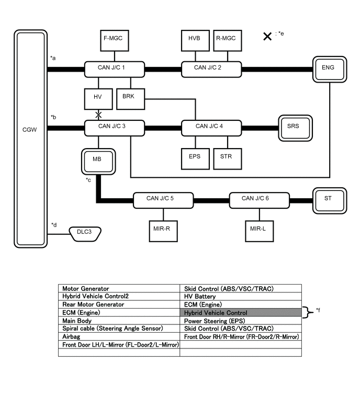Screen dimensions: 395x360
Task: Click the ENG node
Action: click(x=328, y=68)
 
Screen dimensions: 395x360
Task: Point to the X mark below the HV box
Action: click(x=98, y=115)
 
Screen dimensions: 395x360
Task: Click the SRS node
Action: click(x=294, y=126)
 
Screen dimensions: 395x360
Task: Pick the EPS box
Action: click(x=195, y=156)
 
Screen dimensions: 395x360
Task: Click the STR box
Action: click(x=227, y=156)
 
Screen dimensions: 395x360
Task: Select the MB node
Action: click(x=97, y=160)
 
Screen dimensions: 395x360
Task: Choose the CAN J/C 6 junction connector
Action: click(x=259, y=199)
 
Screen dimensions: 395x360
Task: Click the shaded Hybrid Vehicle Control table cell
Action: click(x=241, y=313)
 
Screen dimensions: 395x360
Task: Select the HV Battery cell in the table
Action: click(x=241, y=296)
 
